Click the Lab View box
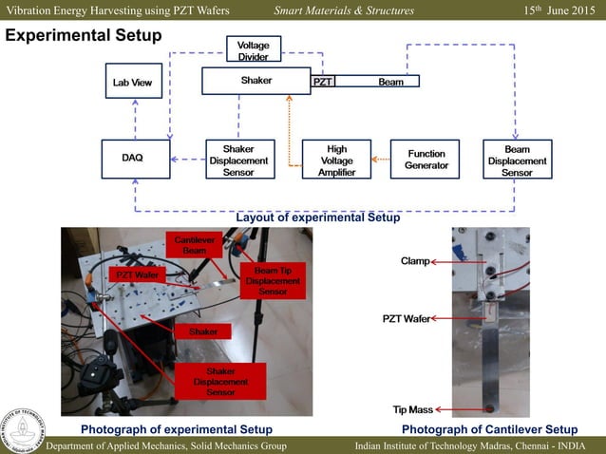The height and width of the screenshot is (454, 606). (132, 83)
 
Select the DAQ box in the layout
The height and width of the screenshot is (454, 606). (132, 159)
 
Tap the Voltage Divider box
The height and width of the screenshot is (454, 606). (252, 50)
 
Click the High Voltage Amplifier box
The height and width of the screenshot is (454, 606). (336, 161)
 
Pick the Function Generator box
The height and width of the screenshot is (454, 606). (426, 160)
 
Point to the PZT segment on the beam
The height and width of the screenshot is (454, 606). (323, 82)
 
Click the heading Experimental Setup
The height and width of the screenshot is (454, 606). (85, 35)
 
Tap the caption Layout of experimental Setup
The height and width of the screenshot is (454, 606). (317, 218)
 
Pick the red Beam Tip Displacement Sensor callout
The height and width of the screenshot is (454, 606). (274, 280)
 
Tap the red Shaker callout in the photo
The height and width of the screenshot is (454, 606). (203, 331)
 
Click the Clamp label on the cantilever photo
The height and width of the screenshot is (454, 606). (415, 259)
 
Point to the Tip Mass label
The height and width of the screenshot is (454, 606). (413, 409)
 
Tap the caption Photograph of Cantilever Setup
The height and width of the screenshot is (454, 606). (489, 429)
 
